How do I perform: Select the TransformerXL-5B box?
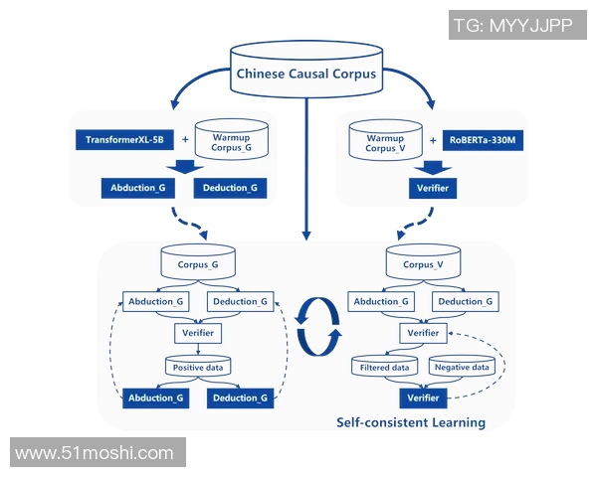tap(124, 140)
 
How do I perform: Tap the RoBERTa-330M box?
tap(486, 140)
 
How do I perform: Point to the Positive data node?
tap(197, 367)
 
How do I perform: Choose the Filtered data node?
tap(385, 367)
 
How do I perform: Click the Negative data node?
tap(461, 367)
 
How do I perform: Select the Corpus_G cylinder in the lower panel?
tap(197, 264)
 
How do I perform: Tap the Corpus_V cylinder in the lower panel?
tap(423, 264)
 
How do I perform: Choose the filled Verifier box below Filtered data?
tap(423, 398)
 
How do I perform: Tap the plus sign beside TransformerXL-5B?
tap(183, 140)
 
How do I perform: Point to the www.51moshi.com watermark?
tap(96, 453)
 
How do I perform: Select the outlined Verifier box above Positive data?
tap(197, 333)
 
